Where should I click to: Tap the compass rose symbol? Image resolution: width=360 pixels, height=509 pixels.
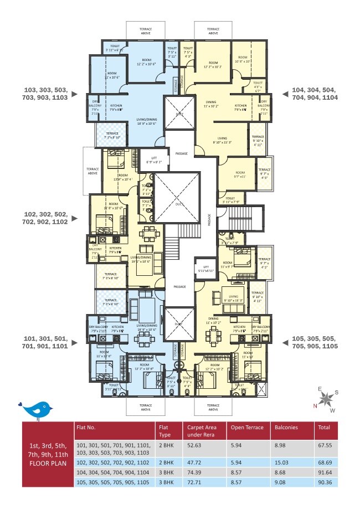326,398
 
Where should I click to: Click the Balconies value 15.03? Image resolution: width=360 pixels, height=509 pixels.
282,461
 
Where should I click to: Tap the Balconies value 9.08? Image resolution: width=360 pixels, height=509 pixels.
281,482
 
